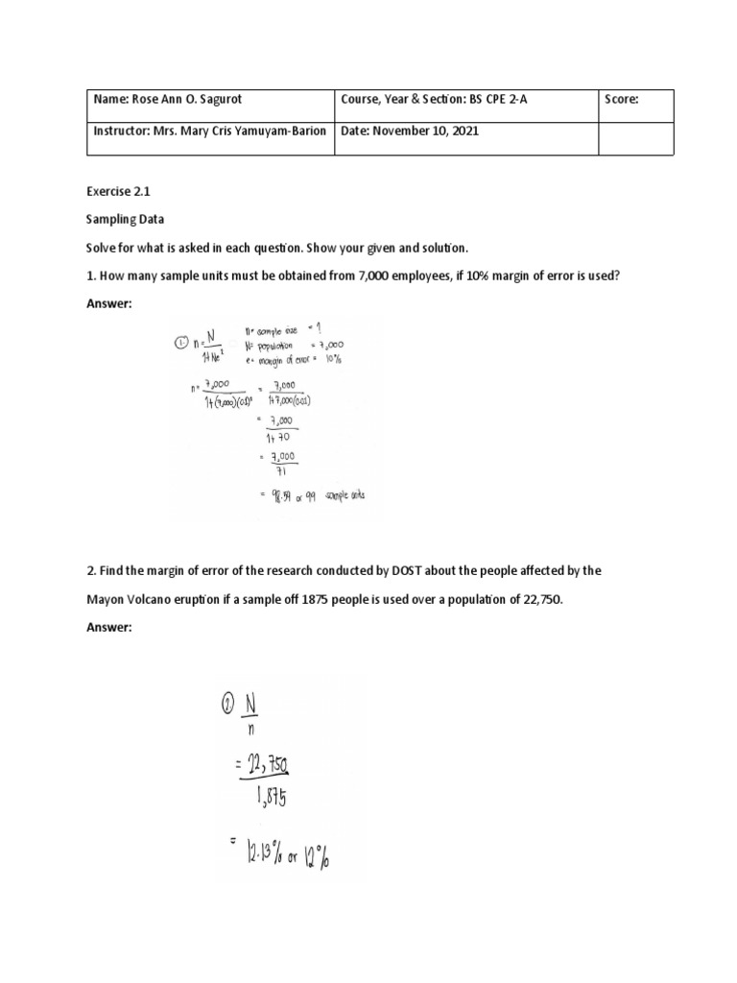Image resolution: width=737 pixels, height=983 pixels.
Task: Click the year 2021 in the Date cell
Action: [462, 132]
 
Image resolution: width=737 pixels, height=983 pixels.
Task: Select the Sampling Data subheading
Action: [125, 220]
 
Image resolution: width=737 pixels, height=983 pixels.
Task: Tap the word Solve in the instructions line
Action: [101, 248]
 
